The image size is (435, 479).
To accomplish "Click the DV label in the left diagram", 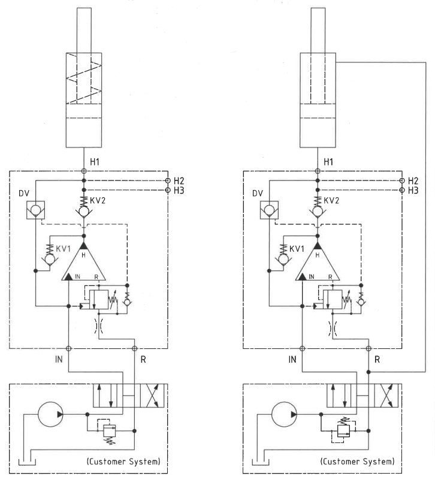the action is (x=24, y=194).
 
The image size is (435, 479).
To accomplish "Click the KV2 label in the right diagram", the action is (x=331, y=201).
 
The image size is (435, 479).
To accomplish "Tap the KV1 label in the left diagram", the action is (x=63, y=249).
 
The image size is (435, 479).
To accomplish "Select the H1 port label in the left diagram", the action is (x=95, y=162).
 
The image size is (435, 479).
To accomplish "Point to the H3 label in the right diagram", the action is (x=413, y=191).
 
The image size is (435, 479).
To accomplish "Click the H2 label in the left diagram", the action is (x=179, y=181).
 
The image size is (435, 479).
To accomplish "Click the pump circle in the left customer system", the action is (x=50, y=414).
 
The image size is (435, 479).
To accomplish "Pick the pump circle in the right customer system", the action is (x=284, y=414).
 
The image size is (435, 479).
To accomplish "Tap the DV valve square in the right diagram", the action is (x=269, y=210).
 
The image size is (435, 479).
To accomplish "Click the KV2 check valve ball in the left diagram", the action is (x=84, y=211).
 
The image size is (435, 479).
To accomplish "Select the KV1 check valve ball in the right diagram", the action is (x=283, y=260).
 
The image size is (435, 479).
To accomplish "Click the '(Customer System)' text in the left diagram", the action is (x=123, y=461).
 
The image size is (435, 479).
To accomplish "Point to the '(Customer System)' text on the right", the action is (x=357, y=461).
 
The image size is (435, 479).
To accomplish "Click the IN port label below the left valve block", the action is (x=59, y=359).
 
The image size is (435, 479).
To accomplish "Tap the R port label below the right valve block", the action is (x=377, y=360).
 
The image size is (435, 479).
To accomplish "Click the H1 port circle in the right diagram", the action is (x=318, y=171).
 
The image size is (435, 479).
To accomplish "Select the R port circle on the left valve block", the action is (x=134, y=348).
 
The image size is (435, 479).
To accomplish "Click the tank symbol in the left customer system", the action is (x=27, y=462).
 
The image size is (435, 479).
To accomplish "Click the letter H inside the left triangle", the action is (x=83, y=255).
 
